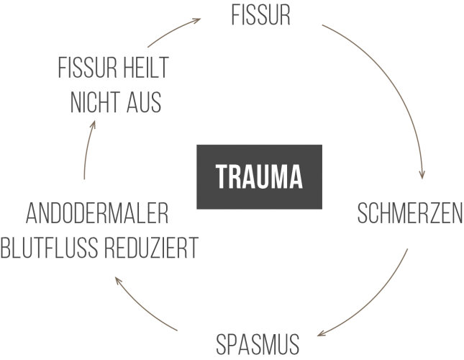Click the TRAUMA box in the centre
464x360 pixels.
coord(260,176)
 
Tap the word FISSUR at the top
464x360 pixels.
coord(261,16)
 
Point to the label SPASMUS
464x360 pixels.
coord(258,345)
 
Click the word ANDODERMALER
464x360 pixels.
coord(98,214)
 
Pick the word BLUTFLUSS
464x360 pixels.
coord(50,248)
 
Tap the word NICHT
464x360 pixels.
coord(94,102)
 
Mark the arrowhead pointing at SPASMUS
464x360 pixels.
coord(321,333)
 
